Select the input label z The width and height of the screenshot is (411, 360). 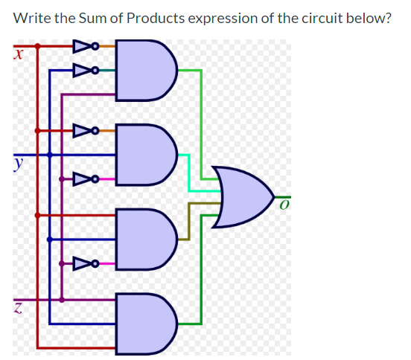point(16,306)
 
